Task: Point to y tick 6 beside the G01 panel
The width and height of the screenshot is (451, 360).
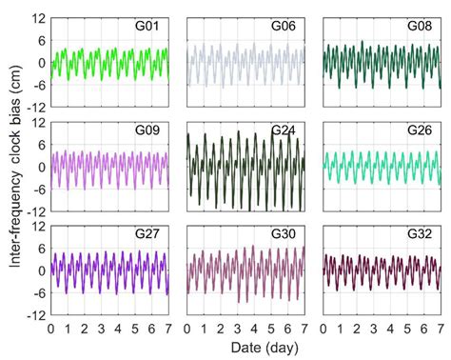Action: [41, 41]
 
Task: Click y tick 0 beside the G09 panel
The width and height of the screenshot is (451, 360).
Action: [41, 166]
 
